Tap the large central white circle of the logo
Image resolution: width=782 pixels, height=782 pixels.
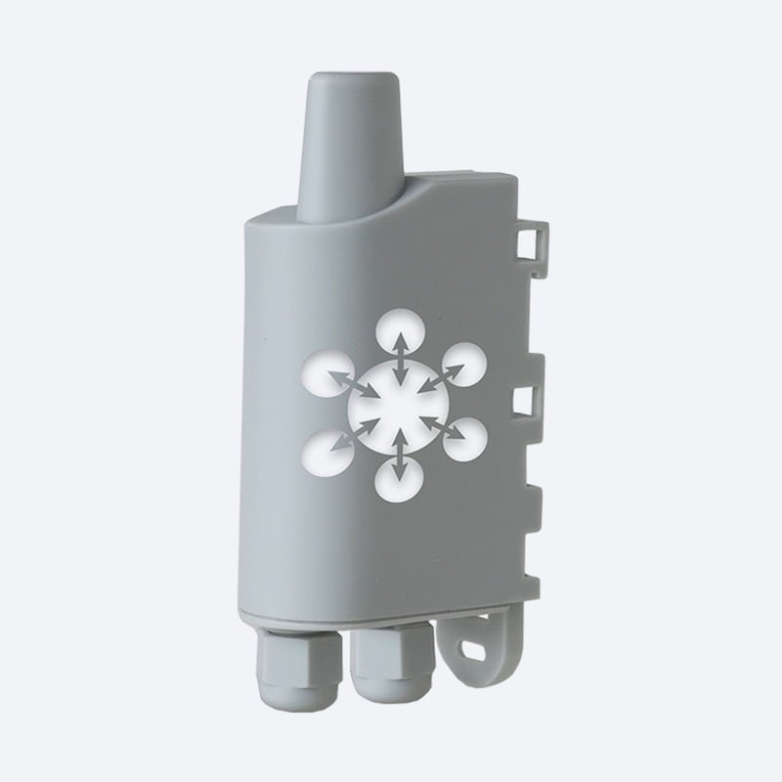[399, 402]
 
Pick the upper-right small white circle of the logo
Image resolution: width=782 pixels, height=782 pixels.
[462, 365]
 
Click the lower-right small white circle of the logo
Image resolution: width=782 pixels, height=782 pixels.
[464, 439]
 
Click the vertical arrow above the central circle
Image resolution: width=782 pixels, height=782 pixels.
[400, 358]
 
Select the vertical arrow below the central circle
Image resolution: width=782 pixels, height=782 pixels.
[399, 453]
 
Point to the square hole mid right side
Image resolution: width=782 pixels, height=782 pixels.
[524, 400]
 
